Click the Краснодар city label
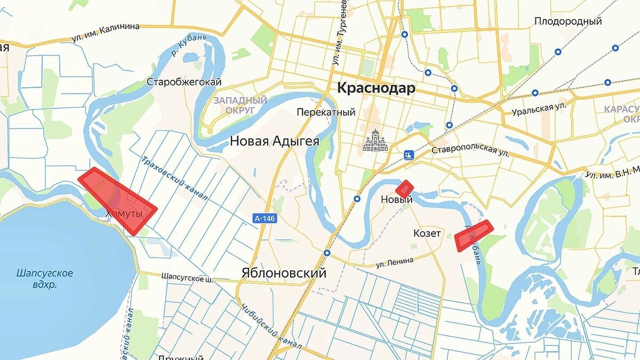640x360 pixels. (376, 89)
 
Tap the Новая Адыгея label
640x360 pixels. (275, 141)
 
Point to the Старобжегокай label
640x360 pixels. (184, 82)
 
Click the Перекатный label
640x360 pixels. (326, 113)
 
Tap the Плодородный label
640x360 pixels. (568, 21)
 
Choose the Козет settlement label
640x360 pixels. (427, 234)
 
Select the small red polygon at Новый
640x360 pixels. (405, 189)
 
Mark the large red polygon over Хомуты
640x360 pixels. (118, 199)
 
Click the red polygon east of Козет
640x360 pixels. (473, 235)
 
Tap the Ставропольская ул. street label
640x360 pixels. (470, 151)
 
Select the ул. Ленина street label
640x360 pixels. (395, 262)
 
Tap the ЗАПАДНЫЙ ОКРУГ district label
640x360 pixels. (240, 105)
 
